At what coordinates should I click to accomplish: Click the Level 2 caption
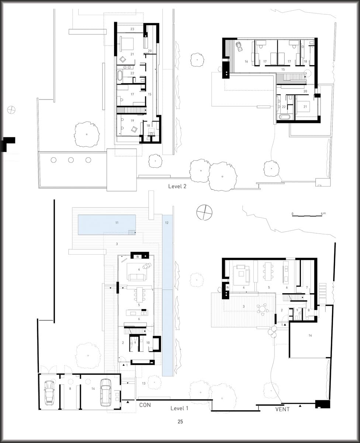177,186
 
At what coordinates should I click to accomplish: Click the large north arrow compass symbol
204,212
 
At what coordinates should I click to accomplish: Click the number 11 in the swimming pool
117,223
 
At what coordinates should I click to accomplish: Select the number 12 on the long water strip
167,223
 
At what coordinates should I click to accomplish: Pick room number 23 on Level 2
132,29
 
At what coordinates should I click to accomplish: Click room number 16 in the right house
246,61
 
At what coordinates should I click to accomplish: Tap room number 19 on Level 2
132,121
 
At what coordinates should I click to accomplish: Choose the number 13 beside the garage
143,383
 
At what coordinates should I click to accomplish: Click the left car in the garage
49,393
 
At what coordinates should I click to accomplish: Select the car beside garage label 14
105,392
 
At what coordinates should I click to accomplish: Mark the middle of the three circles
71,160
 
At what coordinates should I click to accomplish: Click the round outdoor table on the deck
263,308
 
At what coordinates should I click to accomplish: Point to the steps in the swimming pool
132,232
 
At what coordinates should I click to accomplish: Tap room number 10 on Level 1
148,343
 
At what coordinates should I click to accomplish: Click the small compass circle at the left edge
11,110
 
